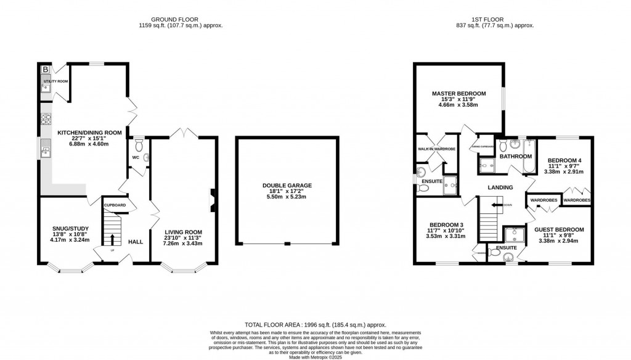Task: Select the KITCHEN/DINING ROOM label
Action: [89, 133]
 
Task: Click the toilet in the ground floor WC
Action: [139, 145]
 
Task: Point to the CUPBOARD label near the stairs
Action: [115, 205]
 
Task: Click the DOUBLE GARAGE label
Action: [287, 185]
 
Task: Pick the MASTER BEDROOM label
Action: [458, 94]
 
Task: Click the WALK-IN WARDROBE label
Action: [436, 149]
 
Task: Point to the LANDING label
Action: [500, 187]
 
